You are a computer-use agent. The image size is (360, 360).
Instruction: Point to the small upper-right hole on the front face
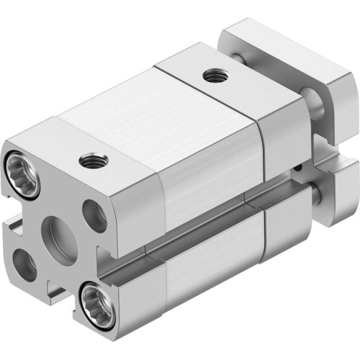point(92,215)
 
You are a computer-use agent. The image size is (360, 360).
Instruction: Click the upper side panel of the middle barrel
point(209,173)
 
